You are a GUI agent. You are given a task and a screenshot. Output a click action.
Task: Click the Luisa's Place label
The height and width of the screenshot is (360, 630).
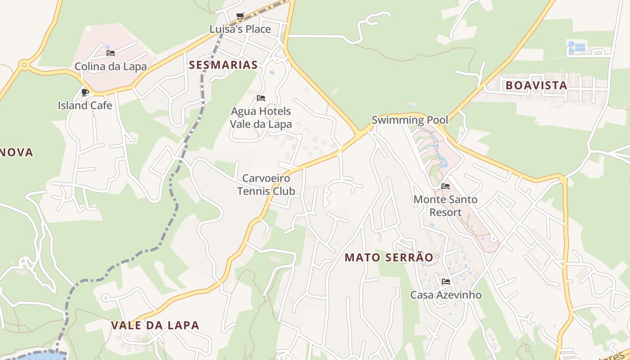[x=240, y=29]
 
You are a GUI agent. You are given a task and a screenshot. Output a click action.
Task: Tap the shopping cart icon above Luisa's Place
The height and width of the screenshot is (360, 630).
[x=240, y=16]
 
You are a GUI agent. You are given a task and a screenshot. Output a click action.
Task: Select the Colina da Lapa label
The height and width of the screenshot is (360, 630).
[x=111, y=67]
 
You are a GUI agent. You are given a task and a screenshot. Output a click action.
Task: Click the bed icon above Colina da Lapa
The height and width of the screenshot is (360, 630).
[x=111, y=53]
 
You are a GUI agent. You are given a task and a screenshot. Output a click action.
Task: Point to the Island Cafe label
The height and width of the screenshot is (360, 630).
[x=85, y=105]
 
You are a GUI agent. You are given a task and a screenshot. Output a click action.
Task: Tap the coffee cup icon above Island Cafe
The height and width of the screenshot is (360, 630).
[x=85, y=92]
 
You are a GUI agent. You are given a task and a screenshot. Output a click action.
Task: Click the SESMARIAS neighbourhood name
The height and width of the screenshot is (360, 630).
[x=223, y=65]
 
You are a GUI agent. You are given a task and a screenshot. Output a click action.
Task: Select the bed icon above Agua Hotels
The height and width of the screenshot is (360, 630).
[x=261, y=98]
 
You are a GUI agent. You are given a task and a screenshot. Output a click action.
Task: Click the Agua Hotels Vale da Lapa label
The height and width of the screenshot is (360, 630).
[x=261, y=117]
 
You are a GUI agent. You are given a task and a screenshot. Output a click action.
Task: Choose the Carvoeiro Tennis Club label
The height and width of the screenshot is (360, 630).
[x=266, y=184]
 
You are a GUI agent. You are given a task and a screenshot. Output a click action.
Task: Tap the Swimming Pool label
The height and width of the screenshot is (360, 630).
[x=409, y=120]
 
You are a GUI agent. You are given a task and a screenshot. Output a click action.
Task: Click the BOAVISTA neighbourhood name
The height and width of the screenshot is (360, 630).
[x=536, y=85]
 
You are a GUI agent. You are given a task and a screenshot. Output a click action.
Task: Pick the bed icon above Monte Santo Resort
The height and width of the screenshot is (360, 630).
[x=445, y=186]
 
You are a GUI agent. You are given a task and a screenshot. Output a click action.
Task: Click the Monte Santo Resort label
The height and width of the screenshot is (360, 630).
[x=445, y=206]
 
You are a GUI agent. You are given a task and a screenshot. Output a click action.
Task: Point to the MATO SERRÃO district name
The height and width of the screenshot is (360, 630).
[x=389, y=257]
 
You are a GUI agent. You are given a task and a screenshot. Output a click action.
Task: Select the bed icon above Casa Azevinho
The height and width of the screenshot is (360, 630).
[x=446, y=282]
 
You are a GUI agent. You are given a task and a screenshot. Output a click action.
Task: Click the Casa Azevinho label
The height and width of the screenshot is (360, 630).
[x=445, y=295]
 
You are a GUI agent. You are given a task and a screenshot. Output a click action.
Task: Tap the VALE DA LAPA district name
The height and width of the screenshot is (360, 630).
[x=155, y=325]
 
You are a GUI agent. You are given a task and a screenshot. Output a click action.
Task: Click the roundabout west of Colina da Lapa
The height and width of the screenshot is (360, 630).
[x=24, y=65]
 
